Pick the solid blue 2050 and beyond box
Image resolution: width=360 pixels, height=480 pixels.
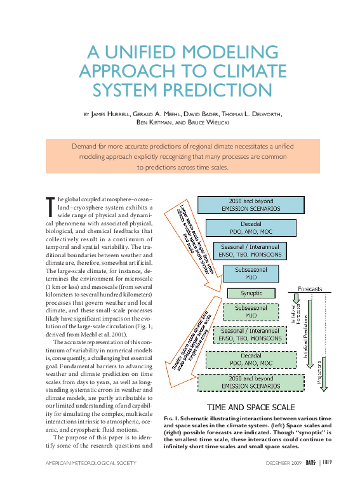(247, 204)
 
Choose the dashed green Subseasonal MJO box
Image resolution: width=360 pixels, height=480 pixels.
(251, 311)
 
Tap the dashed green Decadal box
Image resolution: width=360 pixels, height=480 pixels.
(251, 360)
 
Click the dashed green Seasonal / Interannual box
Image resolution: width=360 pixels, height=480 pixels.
(251, 335)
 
